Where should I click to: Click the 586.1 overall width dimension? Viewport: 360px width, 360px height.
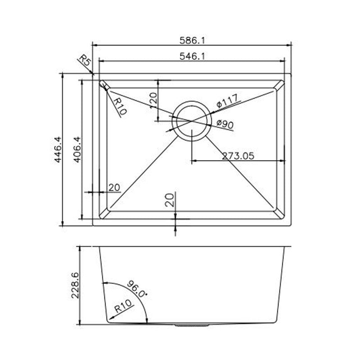(x=192, y=40)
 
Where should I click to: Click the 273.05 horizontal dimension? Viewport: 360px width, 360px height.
(x=238, y=156)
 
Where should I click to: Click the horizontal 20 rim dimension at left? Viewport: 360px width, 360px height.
(x=114, y=188)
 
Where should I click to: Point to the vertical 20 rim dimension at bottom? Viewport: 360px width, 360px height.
(x=169, y=199)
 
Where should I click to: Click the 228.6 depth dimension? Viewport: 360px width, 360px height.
(x=75, y=285)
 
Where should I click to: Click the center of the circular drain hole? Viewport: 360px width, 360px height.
(x=192, y=120)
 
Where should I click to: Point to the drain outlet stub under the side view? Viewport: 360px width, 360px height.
(x=192, y=324)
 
